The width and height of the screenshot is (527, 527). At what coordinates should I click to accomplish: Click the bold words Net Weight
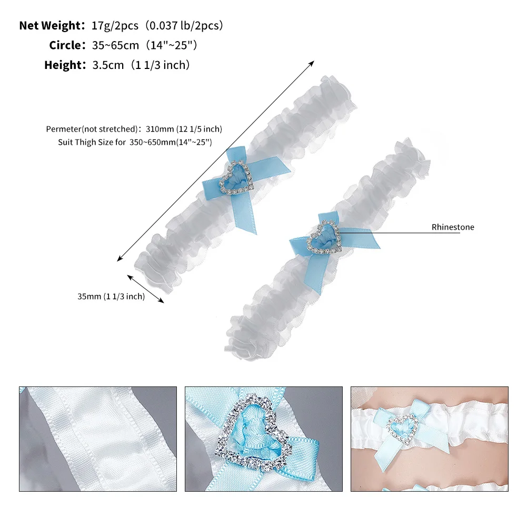49,26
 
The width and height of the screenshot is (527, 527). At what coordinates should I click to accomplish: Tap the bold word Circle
65,45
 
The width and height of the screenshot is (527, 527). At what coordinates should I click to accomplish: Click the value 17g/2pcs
115,26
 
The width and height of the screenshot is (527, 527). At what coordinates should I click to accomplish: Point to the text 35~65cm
115,45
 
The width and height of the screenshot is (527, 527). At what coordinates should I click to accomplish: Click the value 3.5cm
108,65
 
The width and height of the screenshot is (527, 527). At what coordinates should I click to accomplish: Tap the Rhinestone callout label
453,227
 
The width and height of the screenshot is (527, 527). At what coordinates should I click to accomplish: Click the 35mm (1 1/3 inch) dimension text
111,296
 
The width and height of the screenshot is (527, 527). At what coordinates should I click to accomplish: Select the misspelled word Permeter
64,129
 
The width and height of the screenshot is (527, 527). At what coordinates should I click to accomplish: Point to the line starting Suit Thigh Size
135,142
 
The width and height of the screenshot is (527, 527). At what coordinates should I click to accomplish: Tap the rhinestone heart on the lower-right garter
324,237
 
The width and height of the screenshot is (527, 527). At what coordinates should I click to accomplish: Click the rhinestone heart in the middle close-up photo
254,431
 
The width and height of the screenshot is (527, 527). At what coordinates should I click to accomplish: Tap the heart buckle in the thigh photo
402,430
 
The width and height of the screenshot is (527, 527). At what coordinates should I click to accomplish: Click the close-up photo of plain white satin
98,439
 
